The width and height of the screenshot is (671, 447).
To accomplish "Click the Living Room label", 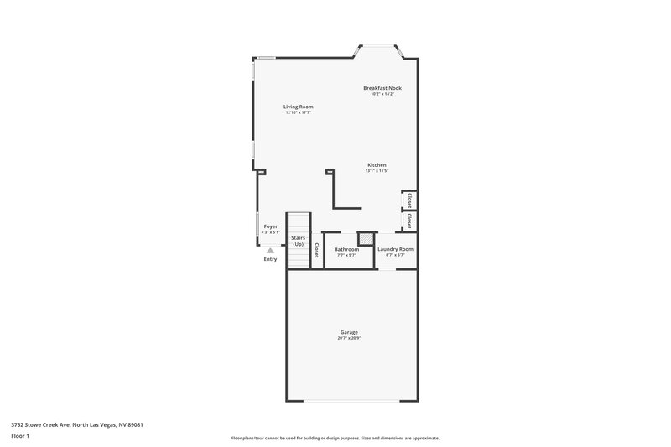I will tap(298, 107).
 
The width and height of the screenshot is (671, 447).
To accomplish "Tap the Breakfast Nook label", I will tap(382, 88).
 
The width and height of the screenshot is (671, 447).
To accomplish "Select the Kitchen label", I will tap(377, 164).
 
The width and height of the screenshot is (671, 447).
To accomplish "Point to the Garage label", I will tap(349, 332).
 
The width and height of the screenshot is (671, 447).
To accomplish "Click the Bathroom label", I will tap(346, 249).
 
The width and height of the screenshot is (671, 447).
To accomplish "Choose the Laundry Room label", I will tap(395, 249).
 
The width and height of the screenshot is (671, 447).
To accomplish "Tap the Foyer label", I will tap(270, 226).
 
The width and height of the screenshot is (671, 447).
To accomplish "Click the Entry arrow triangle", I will tap(270, 250).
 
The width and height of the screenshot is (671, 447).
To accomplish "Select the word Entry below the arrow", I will tap(270, 259).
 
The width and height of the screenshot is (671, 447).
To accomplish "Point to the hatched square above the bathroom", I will tap(365, 239).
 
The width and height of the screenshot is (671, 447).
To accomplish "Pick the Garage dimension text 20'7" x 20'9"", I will tap(349, 339).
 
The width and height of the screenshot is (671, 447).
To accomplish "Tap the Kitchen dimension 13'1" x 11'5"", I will tap(377, 171).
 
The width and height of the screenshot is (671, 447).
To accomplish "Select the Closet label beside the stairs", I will tap(316, 250).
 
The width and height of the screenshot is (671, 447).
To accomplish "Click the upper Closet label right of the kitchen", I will tap(408, 201).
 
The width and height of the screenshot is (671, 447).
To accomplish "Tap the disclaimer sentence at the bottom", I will tap(335, 438).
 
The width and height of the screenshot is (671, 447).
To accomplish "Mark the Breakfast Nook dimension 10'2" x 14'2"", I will tap(382, 94).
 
